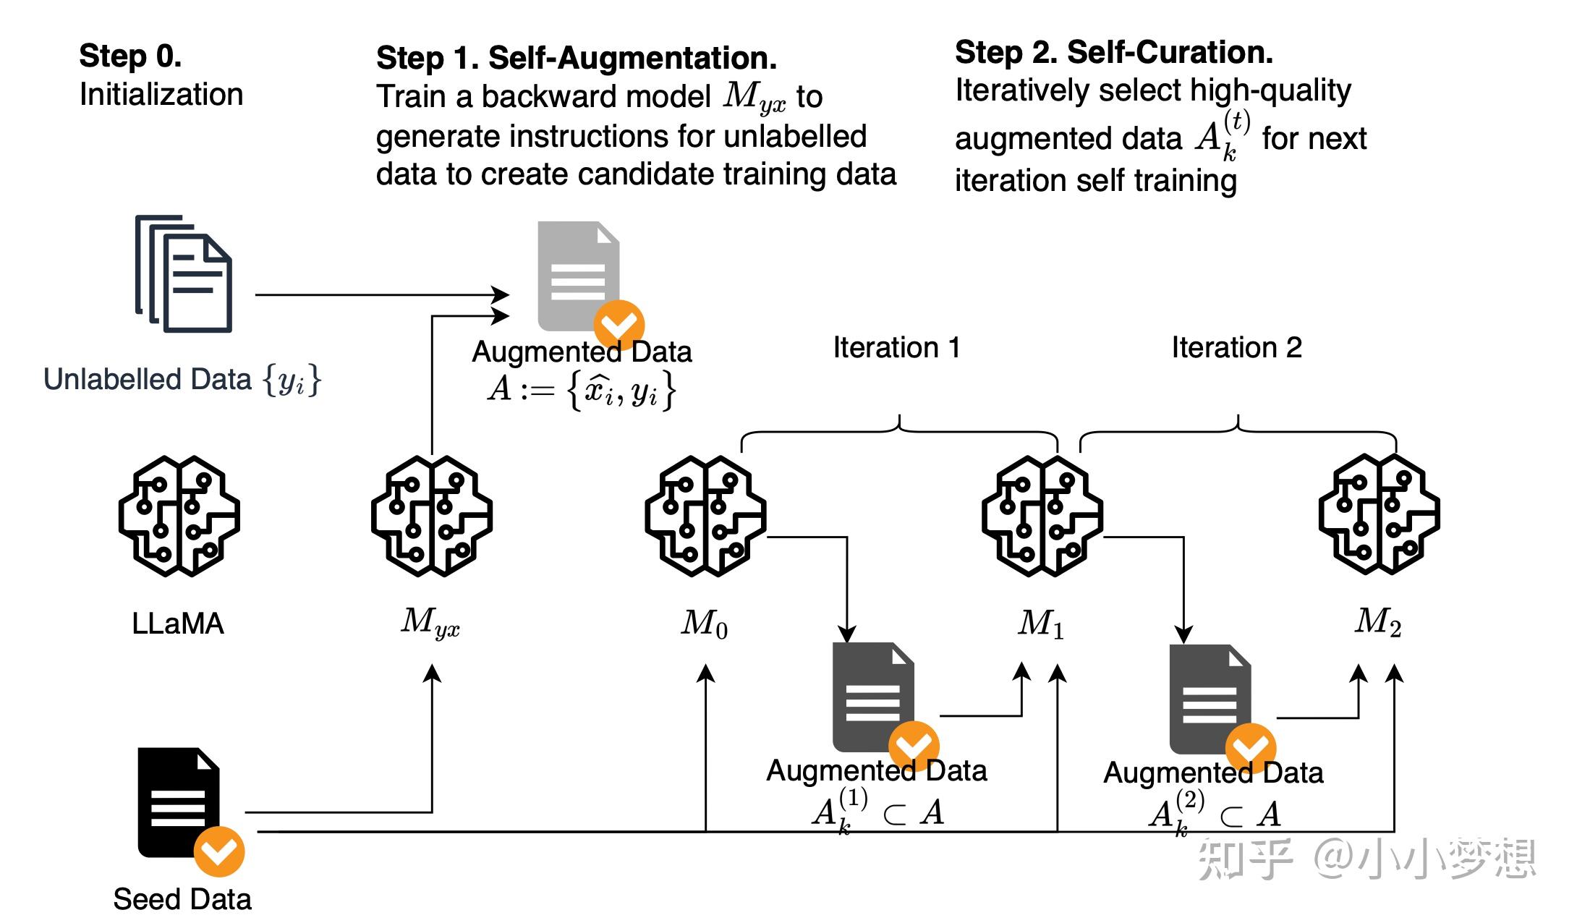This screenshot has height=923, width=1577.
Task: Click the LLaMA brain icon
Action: click(x=179, y=516)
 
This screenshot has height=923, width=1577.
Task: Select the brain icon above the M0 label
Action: click(x=705, y=516)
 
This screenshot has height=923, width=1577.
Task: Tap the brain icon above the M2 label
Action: click(x=1379, y=514)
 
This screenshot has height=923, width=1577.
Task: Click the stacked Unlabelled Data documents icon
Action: click(x=184, y=274)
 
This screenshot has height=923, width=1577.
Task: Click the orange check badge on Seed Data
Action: click(x=219, y=851)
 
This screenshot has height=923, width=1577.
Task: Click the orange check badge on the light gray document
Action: click(x=619, y=325)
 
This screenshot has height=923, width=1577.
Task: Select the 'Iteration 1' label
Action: click(x=896, y=348)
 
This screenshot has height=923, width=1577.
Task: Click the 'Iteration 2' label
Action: click(x=1236, y=348)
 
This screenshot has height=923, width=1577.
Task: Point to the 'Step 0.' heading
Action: click(x=130, y=56)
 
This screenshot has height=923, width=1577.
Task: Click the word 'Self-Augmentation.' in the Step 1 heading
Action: click(x=632, y=58)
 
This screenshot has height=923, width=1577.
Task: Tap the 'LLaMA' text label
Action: click(x=178, y=624)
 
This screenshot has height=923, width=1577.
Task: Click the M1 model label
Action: click(x=1041, y=624)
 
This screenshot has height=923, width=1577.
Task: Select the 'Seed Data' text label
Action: click(x=182, y=899)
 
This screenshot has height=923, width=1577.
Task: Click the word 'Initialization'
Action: click(x=161, y=95)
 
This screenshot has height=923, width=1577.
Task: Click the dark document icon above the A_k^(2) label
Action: click(x=1209, y=698)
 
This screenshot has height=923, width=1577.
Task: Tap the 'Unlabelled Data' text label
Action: click(x=148, y=379)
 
